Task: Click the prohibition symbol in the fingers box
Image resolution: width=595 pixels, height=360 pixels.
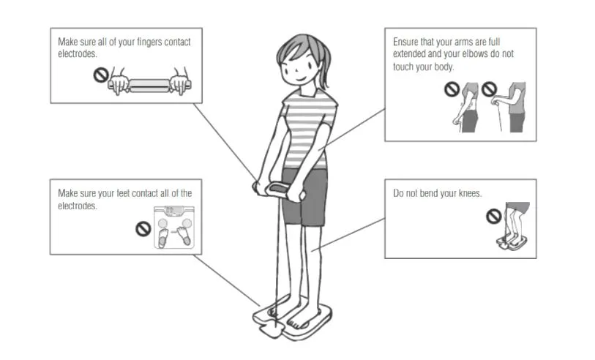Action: pyautogui.click(x=101, y=75)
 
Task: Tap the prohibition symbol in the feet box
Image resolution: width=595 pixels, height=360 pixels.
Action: pyautogui.click(x=143, y=229)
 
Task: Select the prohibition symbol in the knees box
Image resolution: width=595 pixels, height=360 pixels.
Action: pyautogui.click(x=494, y=217)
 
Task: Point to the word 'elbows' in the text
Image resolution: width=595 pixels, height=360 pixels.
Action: pyautogui.click(x=473, y=54)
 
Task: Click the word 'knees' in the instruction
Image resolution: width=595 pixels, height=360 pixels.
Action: pyautogui.click(x=470, y=193)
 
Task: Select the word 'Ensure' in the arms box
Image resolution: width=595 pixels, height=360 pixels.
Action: pyautogui.click(x=405, y=42)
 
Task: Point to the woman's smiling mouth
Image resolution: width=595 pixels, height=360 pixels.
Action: pyautogui.click(x=301, y=79)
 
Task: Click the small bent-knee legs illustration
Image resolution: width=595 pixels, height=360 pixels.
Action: pyautogui.click(x=514, y=226)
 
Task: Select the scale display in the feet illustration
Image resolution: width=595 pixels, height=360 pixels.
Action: pyautogui.click(x=173, y=210)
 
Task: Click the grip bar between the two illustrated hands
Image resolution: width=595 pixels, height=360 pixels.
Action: pyautogui.click(x=149, y=86)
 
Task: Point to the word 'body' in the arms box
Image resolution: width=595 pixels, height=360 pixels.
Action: pyautogui.click(x=444, y=67)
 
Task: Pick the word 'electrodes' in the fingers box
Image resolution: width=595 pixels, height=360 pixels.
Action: pyautogui.click(x=77, y=54)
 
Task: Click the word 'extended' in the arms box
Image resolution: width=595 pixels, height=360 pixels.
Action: pyautogui.click(x=409, y=54)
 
